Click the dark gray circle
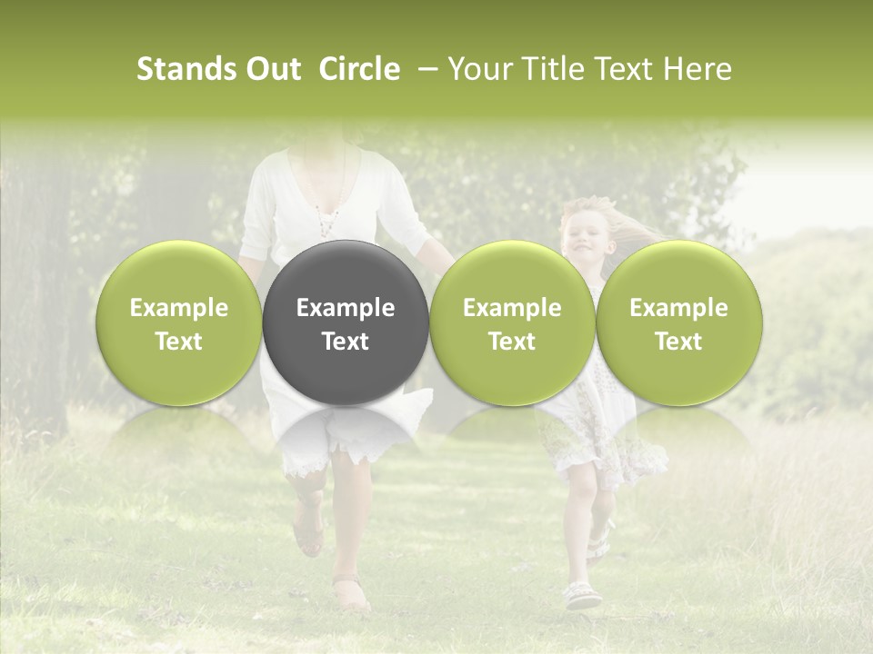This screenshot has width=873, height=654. click(345, 322)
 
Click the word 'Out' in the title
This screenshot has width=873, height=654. click(271, 69)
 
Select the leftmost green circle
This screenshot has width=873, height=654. click(179, 322)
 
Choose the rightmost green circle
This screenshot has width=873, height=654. click(678, 322)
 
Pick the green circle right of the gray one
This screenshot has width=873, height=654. click(512, 322)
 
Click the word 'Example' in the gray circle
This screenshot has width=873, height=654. click(346, 308)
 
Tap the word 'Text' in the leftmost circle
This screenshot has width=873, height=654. click(179, 342)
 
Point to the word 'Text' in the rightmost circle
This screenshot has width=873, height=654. click(678, 342)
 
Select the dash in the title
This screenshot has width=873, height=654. click(425, 69)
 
